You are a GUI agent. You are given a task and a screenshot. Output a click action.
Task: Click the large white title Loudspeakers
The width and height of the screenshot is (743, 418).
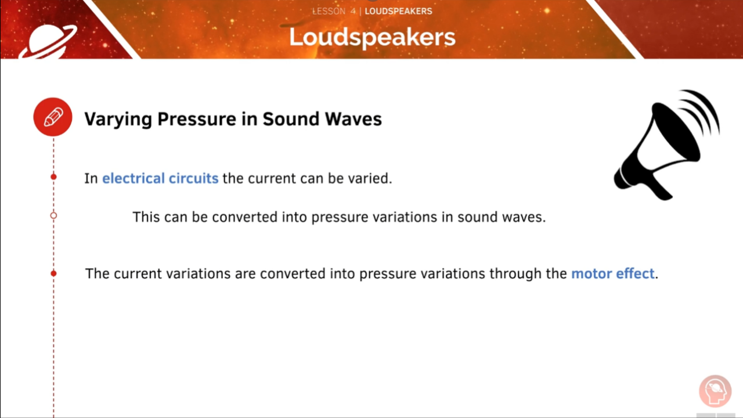click(372, 37)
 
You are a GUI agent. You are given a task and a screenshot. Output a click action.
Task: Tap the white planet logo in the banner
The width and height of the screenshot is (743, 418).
click(48, 41)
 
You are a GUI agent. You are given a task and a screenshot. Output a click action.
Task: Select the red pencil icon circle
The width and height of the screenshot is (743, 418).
click(53, 117)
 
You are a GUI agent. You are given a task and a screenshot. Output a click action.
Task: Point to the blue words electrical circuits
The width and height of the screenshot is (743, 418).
click(160, 178)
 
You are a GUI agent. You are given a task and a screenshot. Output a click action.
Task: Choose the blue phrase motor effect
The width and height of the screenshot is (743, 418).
click(612, 273)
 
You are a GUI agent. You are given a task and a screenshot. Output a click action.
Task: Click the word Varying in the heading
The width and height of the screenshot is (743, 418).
click(118, 120)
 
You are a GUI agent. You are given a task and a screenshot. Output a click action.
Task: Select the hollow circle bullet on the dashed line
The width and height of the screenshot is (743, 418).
click(53, 215)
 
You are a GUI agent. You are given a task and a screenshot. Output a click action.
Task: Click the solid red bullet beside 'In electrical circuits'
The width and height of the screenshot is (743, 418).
click(53, 177)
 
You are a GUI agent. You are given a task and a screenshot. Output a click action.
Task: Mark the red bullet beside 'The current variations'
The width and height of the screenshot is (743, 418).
click(53, 273)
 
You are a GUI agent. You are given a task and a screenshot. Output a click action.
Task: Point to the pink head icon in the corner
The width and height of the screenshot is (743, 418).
click(715, 391)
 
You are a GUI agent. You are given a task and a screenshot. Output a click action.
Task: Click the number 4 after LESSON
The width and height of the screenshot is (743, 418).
click(353, 11)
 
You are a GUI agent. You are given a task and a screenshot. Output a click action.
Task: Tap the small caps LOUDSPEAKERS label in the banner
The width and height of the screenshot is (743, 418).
click(398, 11)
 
